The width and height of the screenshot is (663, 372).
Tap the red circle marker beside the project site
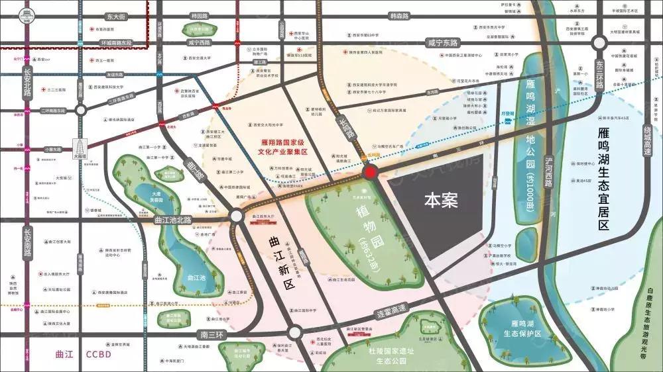point(371,173)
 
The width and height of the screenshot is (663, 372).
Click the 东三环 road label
point(599,74)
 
